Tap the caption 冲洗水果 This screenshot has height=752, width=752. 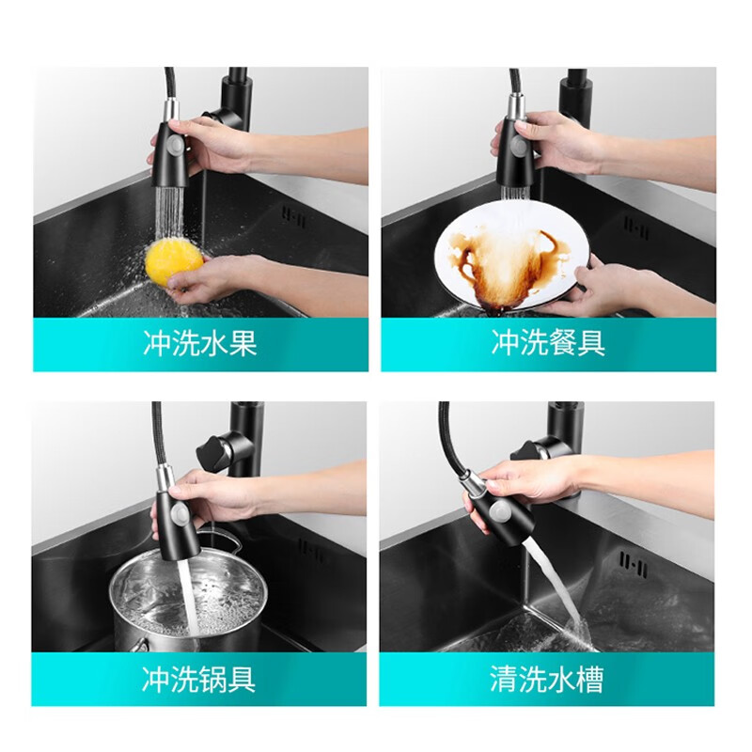[x=200, y=343]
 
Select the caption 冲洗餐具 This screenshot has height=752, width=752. [x=548, y=343]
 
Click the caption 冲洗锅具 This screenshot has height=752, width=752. [x=199, y=678]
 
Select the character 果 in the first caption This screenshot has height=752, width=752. [x=243, y=343]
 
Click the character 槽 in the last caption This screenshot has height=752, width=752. [x=588, y=678]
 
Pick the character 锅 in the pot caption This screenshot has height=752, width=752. [x=213, y=678]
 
